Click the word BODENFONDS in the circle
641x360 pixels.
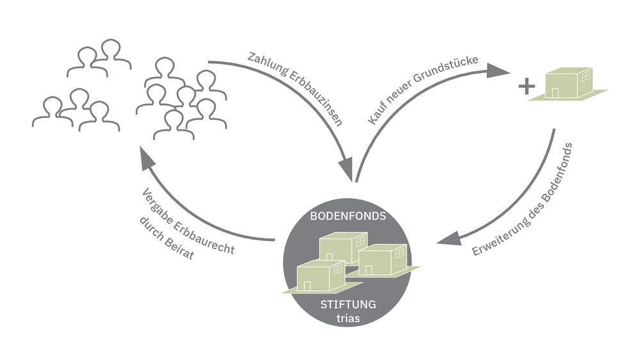pyautogui.click(x=348, y=217)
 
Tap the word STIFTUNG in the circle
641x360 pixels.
pyautogui.click(x=348, y=304)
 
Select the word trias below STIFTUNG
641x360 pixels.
pyautogui.click(x=348, y=318)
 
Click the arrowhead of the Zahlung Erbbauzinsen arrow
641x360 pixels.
pyautogui.click(x=346, y=172)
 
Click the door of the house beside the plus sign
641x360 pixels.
pyautogui.click(x=555, y=93)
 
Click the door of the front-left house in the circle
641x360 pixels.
pyautogui.click(x=307, y=286)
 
